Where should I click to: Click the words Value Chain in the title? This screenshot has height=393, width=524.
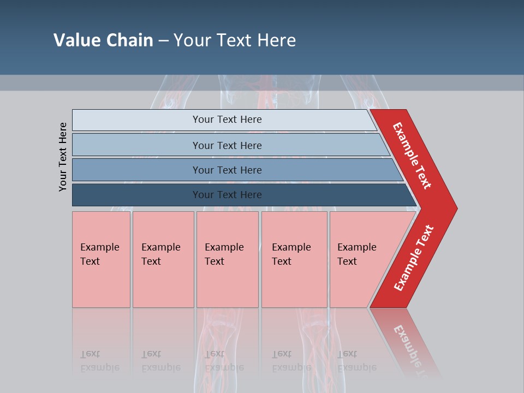click(x=103, y=40)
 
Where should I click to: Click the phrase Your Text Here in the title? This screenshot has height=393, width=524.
click(x=234, y=40)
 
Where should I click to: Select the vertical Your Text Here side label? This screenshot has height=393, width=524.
click(x=63, y=157)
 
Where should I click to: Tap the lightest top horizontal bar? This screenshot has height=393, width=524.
click(x=136, y=120)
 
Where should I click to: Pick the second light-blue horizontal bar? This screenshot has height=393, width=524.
click(x=136, y=145)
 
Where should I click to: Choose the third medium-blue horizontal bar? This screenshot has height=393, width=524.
click(x=136, y=170)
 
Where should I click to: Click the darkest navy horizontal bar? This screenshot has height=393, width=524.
click(x=136, y=195)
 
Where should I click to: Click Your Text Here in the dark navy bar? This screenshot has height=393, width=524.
click(x=227, y=195)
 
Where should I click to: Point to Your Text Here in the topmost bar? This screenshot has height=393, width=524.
click(x=227, y=120)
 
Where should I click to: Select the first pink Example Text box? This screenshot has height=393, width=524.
click(x=101, y=259)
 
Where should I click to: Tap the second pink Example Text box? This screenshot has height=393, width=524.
click(x=163, y=259)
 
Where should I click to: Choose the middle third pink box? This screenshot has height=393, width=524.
click(x=227, y=259)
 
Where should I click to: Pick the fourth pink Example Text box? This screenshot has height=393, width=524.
click(x=294, y=259)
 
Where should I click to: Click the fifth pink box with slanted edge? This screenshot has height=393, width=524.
click(x=360, y=259)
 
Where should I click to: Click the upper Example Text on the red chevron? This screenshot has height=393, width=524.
click(x=412, y=156)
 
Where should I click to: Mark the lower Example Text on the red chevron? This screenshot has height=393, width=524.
click(x=414, y=258)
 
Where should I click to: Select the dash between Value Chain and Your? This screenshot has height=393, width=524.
click(x=163, y=40)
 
